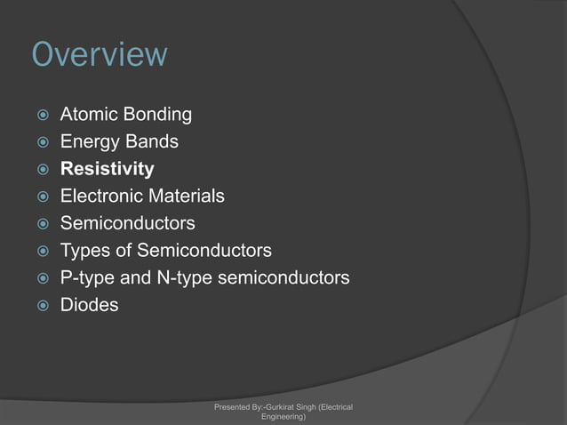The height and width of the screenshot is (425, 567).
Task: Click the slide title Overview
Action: [99, 54]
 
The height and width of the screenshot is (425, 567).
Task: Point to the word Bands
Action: [151, 142]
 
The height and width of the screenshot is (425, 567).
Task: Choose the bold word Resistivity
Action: [107, 169]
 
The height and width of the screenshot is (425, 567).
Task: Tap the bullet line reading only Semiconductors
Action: [127, 223]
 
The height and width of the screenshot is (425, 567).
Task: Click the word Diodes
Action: [88, 305]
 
